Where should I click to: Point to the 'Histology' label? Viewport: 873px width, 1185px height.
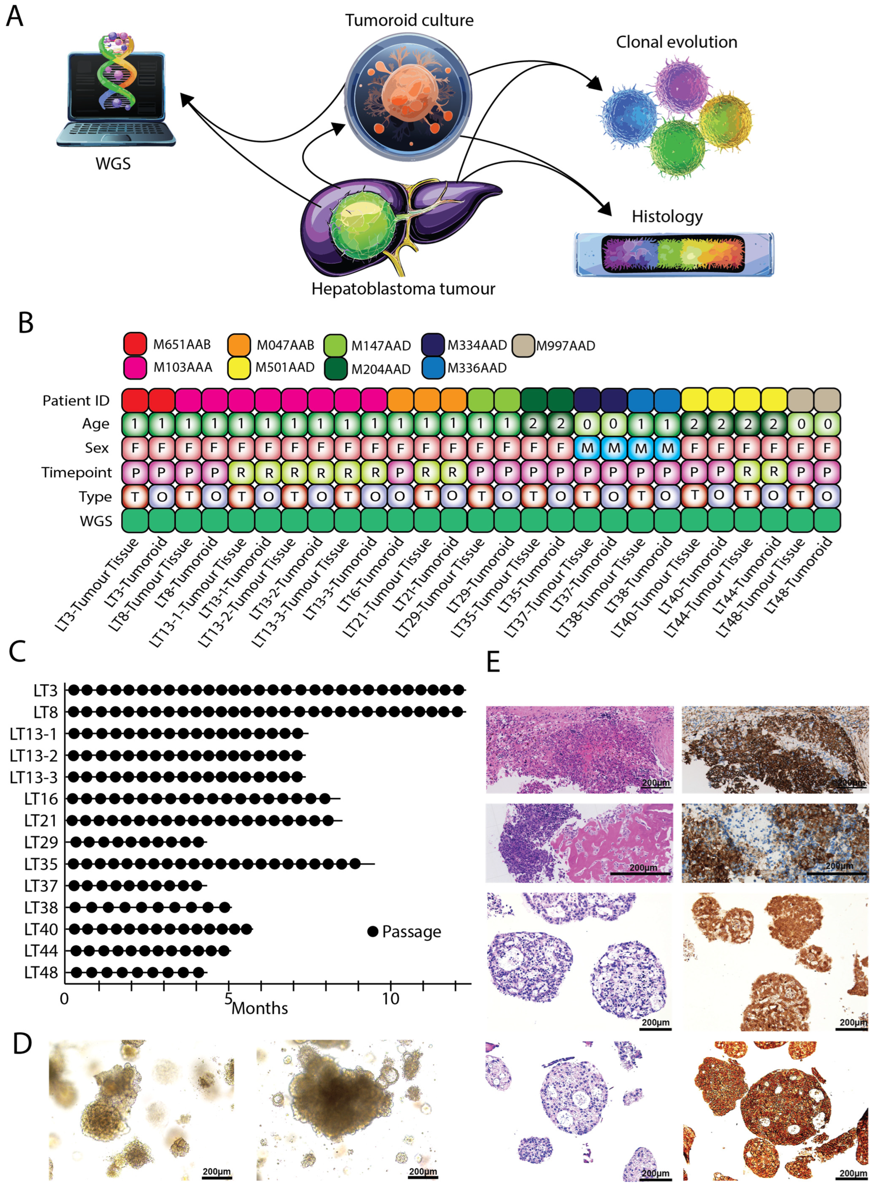coord(667,216)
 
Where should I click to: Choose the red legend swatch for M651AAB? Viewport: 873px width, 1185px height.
coord(135,344)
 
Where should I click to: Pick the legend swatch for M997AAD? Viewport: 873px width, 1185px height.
coord(524,345)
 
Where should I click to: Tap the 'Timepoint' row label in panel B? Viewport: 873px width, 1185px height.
coord(77,472)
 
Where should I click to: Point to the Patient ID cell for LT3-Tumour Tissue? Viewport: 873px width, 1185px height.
coord(135,400)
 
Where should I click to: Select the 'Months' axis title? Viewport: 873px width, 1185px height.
coord(260,1008)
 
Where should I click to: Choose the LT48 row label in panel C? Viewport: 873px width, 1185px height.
coord(41,973)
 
